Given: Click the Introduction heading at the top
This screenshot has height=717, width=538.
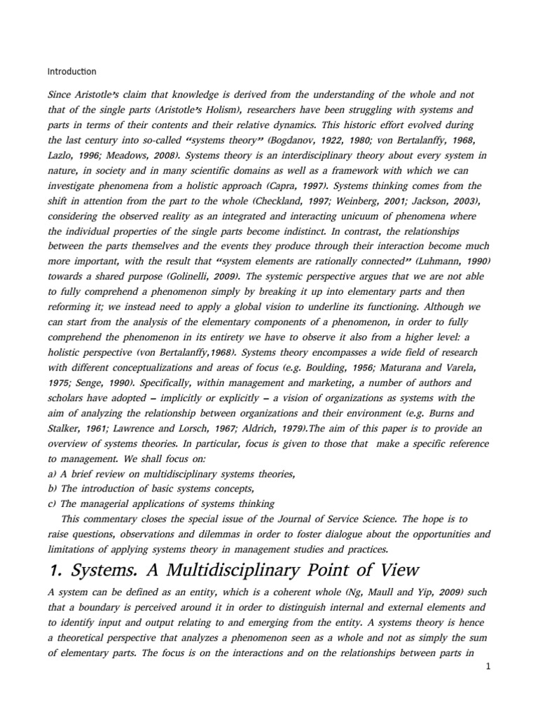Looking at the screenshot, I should point(71,71).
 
